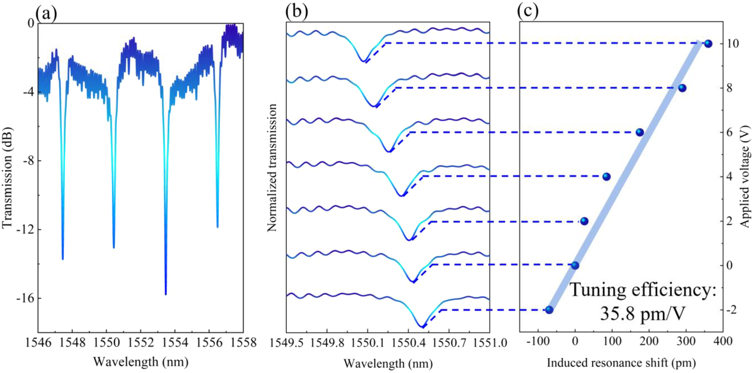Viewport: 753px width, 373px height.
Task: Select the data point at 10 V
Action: click(x=708, y=43)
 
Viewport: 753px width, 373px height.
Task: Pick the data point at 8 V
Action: click(x=682, y=88)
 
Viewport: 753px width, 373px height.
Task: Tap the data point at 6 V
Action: click(x=640, y=133)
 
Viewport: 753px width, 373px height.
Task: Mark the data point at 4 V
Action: click(x=607, y=177)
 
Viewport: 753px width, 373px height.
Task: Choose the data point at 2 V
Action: click(x=585, y=221)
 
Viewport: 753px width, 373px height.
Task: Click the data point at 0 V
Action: click(x=575, y=266)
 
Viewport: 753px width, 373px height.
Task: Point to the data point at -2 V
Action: click(x=549, y=310)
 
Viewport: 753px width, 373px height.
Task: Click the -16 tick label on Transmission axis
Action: click(x=26, y=298)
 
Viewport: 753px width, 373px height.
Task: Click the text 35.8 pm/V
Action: click(x=642, y=314)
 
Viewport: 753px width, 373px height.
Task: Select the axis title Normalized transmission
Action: click(x=272, y=168)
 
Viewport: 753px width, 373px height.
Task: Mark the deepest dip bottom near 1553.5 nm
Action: click(x=166, y=294)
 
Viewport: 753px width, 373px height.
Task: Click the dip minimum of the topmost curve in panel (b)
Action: click(x=364, y=61)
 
